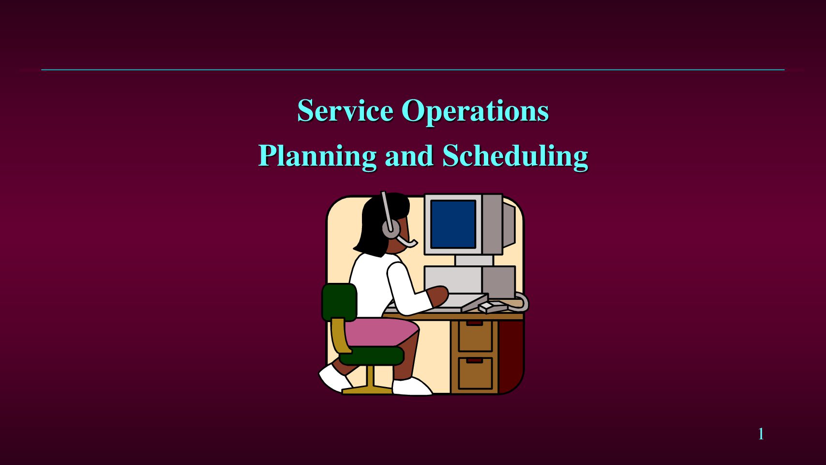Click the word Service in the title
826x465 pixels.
[345, 110]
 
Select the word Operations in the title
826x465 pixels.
[475, 112]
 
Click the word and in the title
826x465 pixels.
[409, 155]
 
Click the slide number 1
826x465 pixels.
[761, 434]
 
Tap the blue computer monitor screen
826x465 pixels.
[453, 224]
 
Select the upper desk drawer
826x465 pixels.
[475, 336]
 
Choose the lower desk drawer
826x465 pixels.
[475, 373]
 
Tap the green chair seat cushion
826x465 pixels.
[371, 356]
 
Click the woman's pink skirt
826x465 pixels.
[380, 332]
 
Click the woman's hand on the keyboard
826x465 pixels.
[438, 296]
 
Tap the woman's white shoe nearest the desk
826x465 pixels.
[412, 386]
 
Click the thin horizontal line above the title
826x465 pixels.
[413, 69]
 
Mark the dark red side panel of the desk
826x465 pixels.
[511, 356]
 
